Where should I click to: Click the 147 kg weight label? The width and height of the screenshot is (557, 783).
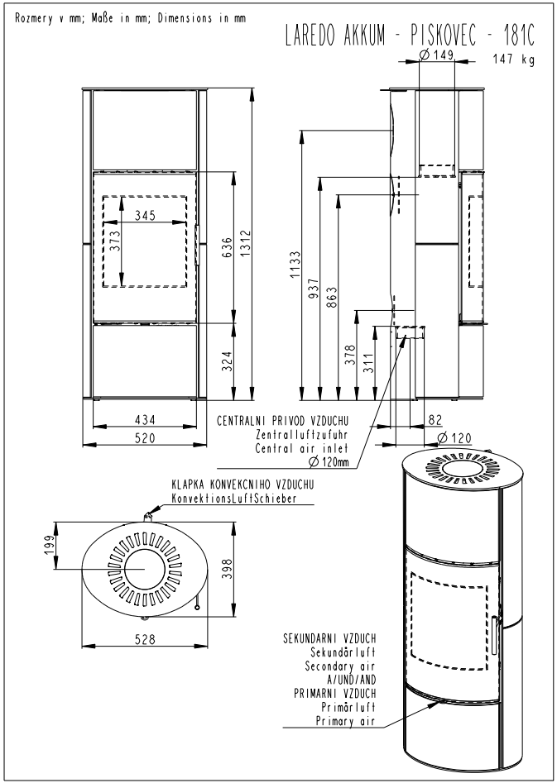(513, 60)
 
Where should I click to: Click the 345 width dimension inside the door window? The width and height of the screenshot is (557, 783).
(145, 216)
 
